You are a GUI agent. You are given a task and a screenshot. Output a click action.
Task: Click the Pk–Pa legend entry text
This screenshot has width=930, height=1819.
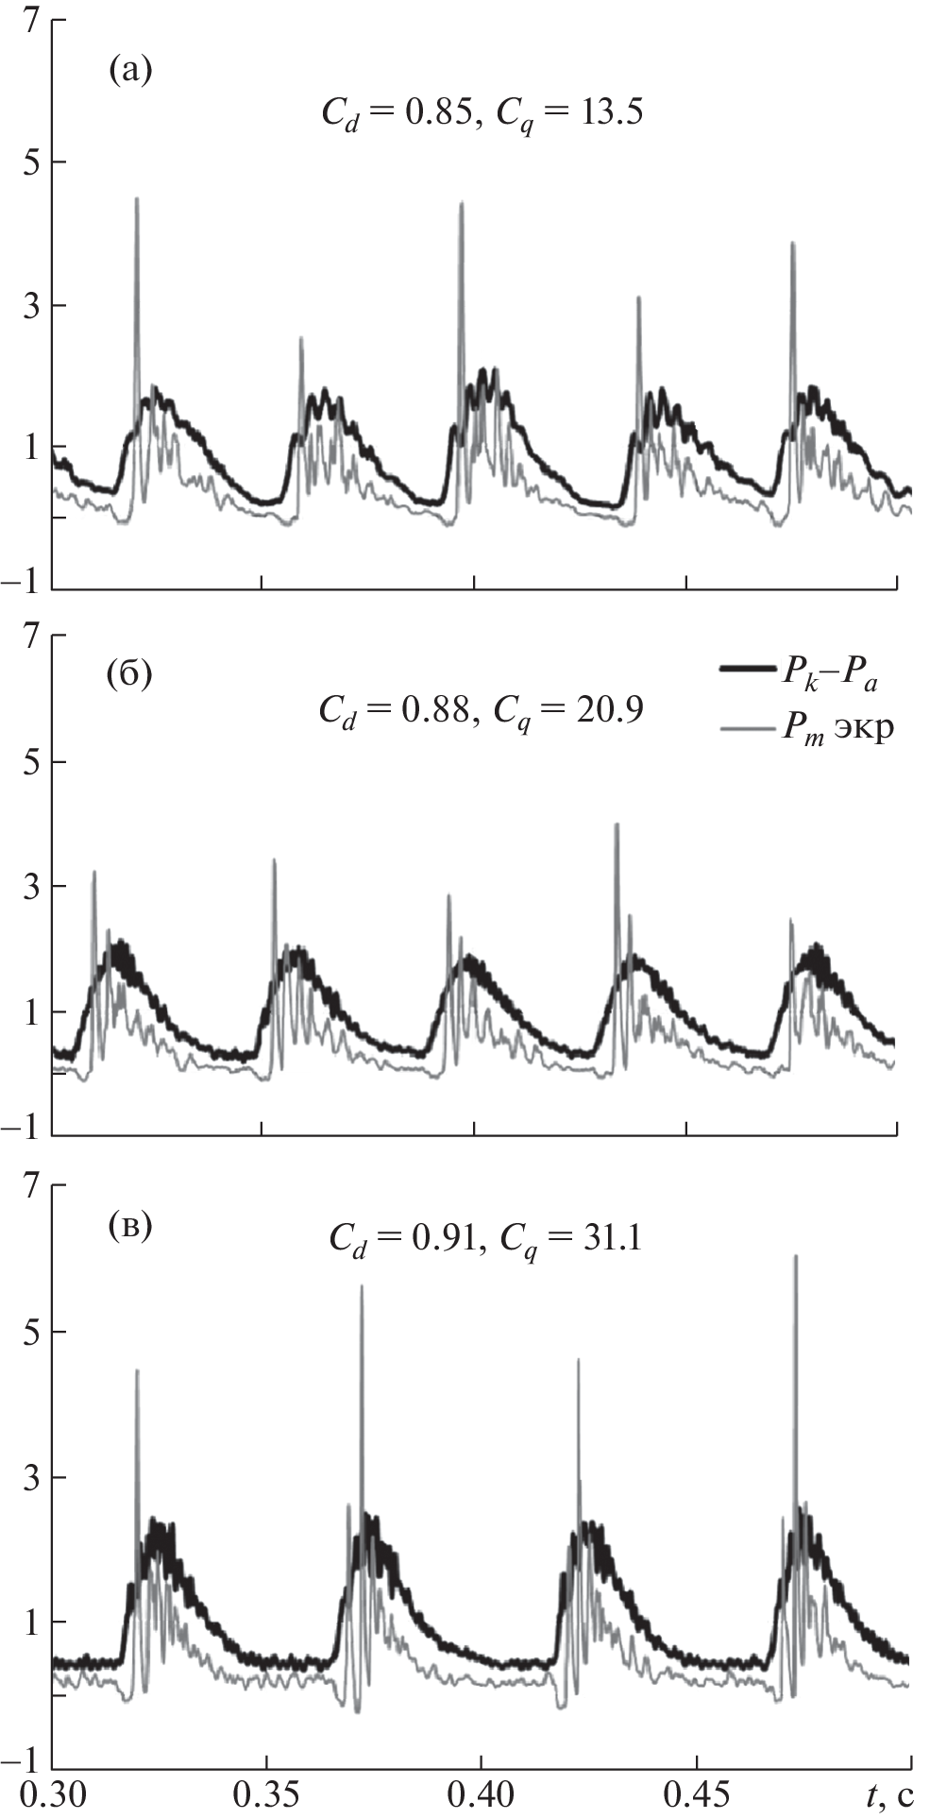pos(832,674)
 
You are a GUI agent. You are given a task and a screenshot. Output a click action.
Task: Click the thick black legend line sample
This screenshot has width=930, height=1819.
pos(747,670)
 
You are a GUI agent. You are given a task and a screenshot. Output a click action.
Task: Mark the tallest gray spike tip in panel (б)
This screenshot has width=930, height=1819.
pos(617,824)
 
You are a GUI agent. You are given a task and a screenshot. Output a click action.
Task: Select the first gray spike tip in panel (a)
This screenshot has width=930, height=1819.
pos(137,199)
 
